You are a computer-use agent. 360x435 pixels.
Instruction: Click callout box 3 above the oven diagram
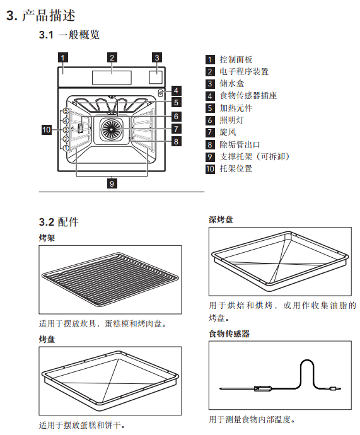click(157, 57)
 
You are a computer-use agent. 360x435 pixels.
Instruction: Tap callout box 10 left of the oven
click(47, 130)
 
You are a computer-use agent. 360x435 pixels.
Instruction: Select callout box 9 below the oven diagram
click(112, 183)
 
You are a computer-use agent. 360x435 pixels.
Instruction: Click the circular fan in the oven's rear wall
click(112, 129)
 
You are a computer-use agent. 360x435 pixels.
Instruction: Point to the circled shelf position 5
click(66, 111)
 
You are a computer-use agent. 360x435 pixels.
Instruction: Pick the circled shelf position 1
click(66, 148)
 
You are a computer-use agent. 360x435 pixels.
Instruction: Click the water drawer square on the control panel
click(156, 77)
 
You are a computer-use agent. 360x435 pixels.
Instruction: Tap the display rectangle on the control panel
click(112, 78)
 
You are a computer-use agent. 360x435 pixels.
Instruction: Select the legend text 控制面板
click(236, 59)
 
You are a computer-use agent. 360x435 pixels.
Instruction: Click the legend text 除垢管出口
click(240, 144)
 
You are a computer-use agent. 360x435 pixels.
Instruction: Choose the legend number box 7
click(210, 132)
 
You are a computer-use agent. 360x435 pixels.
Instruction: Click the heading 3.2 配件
click(59, 222)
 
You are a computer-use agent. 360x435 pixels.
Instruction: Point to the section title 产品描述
click(49, 16)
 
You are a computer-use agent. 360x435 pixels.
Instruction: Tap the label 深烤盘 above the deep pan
click(221, 220)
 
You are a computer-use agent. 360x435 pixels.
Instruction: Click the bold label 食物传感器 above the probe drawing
click(229, 333)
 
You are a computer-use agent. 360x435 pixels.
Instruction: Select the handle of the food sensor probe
click(263, 388)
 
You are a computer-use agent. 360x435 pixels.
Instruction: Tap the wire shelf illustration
click(110, 280)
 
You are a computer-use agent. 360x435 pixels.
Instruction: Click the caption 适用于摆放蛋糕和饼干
click(82, 425)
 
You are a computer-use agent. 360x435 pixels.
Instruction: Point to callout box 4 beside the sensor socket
click(176, 90)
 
